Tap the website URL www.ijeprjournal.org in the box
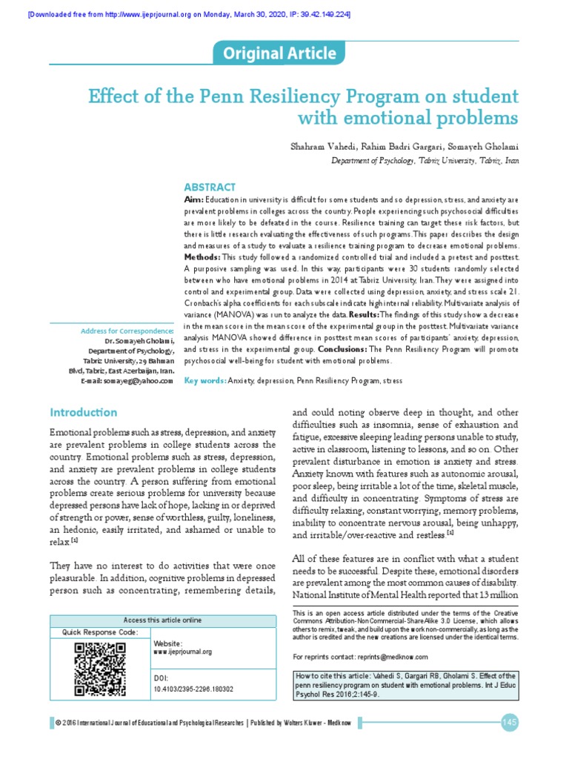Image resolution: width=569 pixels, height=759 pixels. click(x=182, y=652)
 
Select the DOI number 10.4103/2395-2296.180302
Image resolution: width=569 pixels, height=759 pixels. click(x=193, y=689)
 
